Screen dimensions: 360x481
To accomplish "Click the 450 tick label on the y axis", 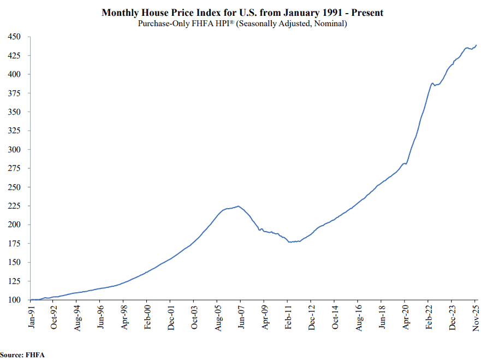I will (x=14, y=37).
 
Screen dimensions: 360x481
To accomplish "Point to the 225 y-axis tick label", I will (x=14, y=206).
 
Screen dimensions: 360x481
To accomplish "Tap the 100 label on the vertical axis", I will (x=14, y=300).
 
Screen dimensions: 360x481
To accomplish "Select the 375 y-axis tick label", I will (x=14, y=93).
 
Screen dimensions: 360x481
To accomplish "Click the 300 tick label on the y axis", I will (x=14, y=150).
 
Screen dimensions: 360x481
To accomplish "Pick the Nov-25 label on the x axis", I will (x=475, y=317).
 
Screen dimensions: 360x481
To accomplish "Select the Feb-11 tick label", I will (x=287, y=317).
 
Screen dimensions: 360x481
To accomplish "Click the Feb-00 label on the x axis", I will (x=147, y=317).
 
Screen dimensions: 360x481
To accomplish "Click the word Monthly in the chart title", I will (x=119, y=13).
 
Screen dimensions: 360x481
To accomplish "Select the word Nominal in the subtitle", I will (x=328, y=23).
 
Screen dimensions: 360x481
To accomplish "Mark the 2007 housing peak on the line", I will (x=238, y=206).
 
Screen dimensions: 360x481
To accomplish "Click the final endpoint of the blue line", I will (x=476, y=45).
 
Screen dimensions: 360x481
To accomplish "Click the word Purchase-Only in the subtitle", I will (x=159, y=23).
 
